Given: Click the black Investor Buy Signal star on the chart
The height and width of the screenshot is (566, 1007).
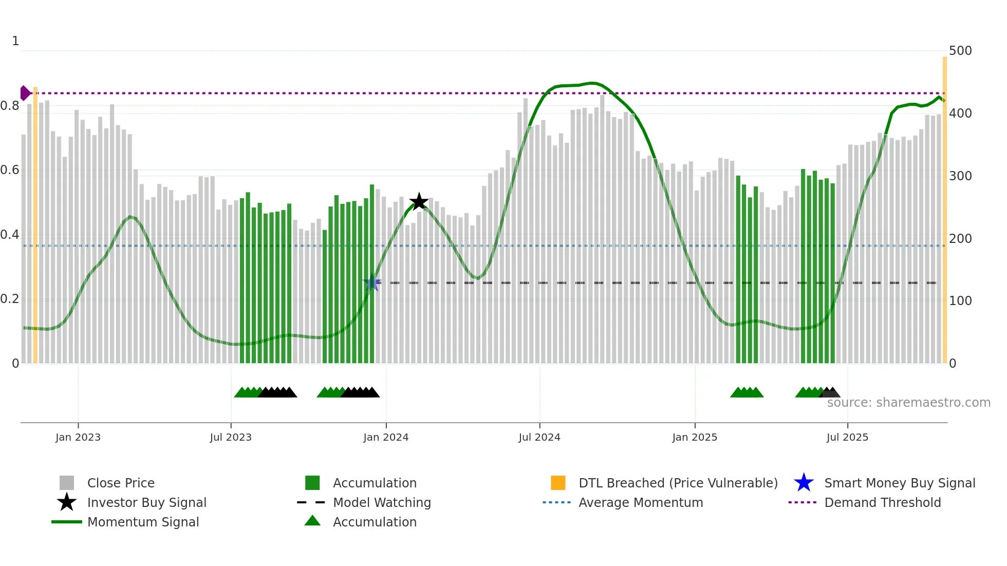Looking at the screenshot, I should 419,202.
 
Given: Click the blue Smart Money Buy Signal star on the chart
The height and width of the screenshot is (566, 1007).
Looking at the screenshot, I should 372,283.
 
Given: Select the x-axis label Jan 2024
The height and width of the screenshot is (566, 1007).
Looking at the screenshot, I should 386,437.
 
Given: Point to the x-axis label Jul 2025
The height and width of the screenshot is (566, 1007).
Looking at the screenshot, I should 847,437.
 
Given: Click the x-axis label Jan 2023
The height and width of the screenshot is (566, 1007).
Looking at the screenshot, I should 78,437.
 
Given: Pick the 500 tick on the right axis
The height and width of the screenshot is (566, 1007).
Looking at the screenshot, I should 960,51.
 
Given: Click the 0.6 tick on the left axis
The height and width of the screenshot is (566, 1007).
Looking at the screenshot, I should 10,170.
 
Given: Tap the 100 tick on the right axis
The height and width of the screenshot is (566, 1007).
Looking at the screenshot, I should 960,301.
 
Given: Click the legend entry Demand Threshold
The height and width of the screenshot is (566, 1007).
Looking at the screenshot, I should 882,502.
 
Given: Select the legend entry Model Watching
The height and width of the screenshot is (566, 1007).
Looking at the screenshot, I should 382,502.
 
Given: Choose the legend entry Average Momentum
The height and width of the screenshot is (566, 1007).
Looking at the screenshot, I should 641,502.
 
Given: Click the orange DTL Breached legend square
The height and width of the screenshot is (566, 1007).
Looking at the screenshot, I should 558,483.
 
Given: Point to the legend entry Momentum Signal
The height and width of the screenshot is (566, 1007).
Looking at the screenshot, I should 143,522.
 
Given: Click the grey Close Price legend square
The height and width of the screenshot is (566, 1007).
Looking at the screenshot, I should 67,483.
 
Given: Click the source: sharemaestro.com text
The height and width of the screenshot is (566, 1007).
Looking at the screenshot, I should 908,403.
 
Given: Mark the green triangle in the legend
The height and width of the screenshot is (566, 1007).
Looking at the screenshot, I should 312,521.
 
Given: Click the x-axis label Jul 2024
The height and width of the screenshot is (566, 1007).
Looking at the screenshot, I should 539,437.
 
